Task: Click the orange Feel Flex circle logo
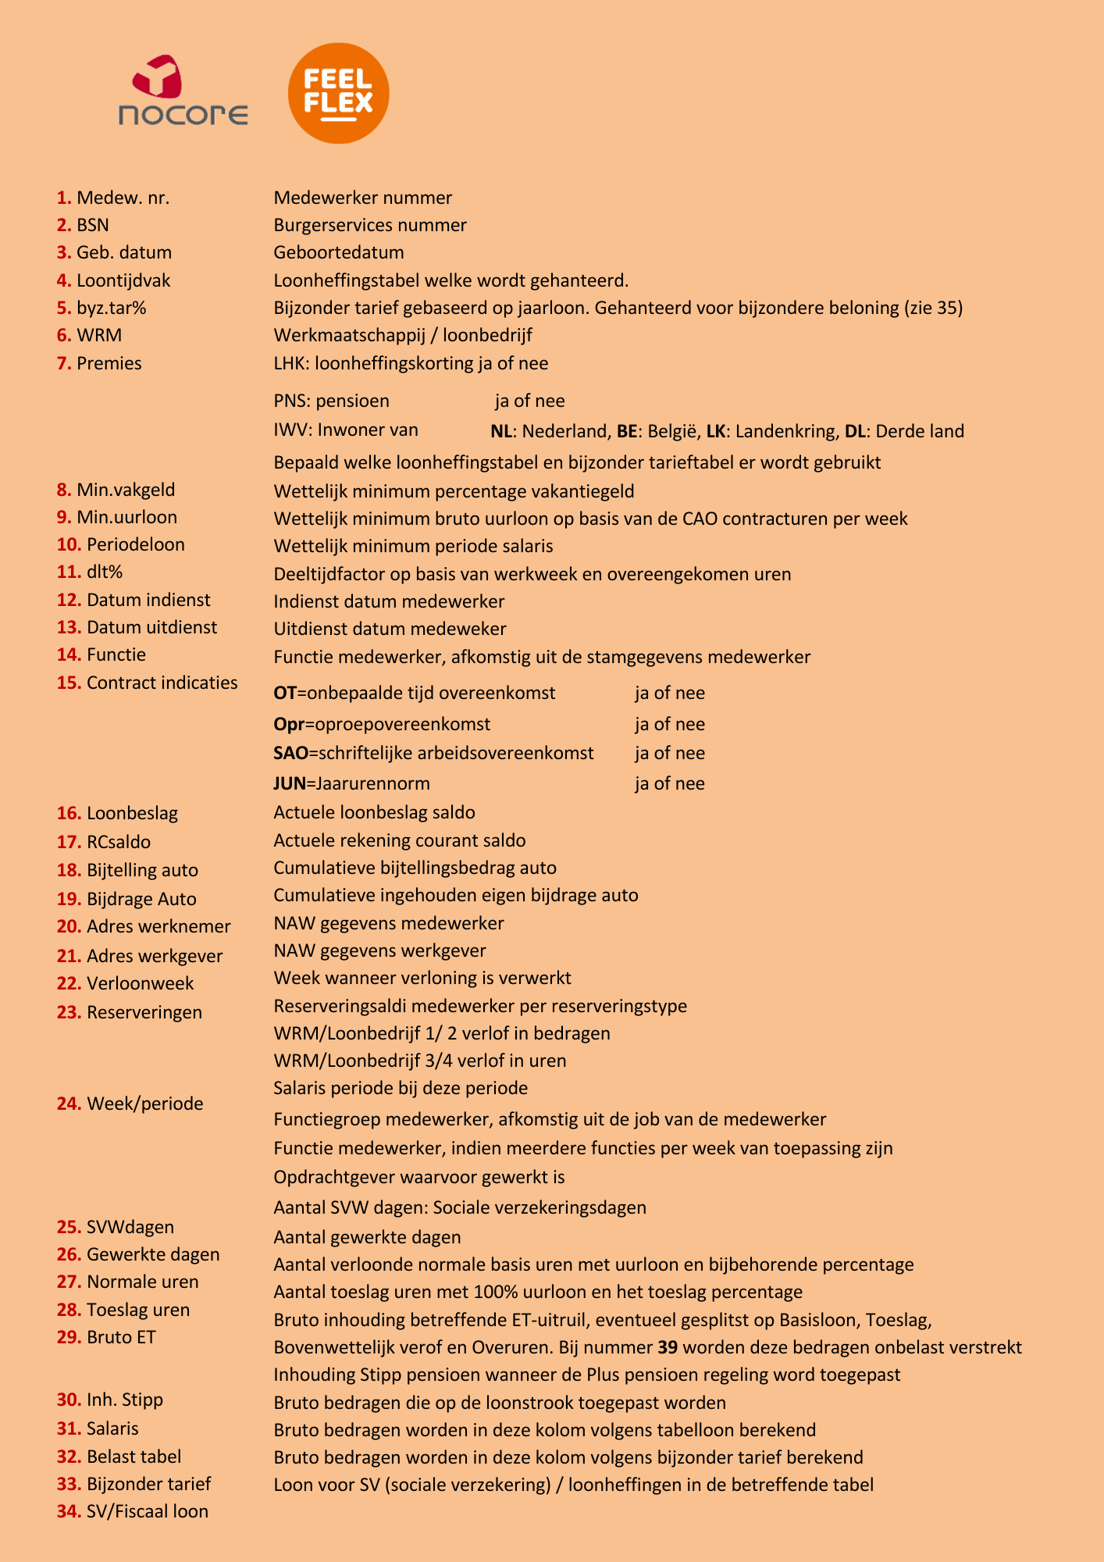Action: coord(338,93)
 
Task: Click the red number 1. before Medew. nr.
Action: coord(64,198)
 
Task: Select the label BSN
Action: coord(93,226)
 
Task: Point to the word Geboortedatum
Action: coord(339,252)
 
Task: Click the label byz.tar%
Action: coord(111,308)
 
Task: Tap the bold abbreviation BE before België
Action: coord(626,431)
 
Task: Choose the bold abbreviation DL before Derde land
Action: coord(855,431)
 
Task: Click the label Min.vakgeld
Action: coord(126,490)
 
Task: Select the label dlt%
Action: coord(105,572)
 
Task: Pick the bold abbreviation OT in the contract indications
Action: coord(284,694)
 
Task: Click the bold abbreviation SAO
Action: coord(290,754)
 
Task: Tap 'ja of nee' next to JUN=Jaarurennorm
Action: coord(669,784)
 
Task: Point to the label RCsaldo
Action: coord(119,842)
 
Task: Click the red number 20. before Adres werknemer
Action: coord(69,927)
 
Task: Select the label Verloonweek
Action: coord(140,984)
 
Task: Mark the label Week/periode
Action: coord(144,1104)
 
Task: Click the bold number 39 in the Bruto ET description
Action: coord(668,1347)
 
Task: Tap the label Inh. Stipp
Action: coord(125,1400)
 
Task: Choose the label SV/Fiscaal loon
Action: coord(148,1511)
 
